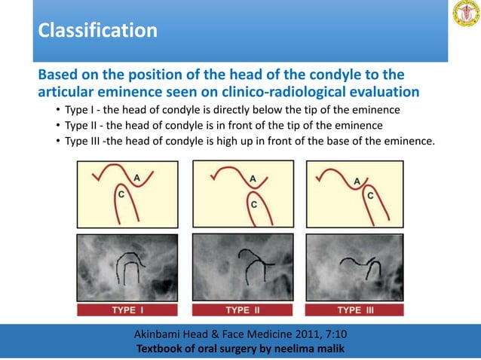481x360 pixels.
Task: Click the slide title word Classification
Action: (97, 32)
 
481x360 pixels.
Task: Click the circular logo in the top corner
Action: (464, 15)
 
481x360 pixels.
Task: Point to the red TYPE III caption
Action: (360, 310)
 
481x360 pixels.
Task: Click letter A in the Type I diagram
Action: (136, 177)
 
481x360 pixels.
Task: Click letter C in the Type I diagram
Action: (121, 194)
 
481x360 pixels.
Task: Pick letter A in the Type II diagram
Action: (253, 178)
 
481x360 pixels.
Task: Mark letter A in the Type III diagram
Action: (357, 181)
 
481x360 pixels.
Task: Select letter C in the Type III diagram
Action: (370, 194)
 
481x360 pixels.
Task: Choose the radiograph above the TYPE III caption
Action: (360, 267)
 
